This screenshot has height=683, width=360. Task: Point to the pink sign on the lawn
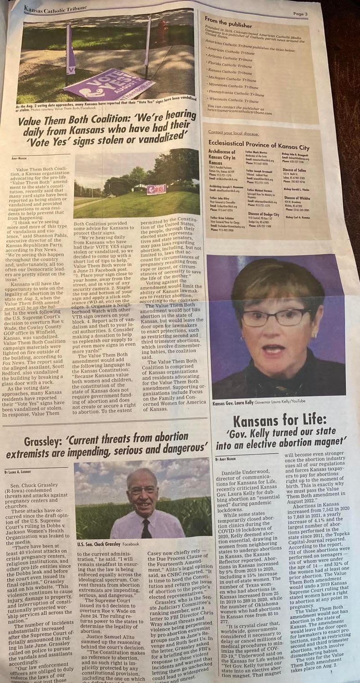tap(156, 189)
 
